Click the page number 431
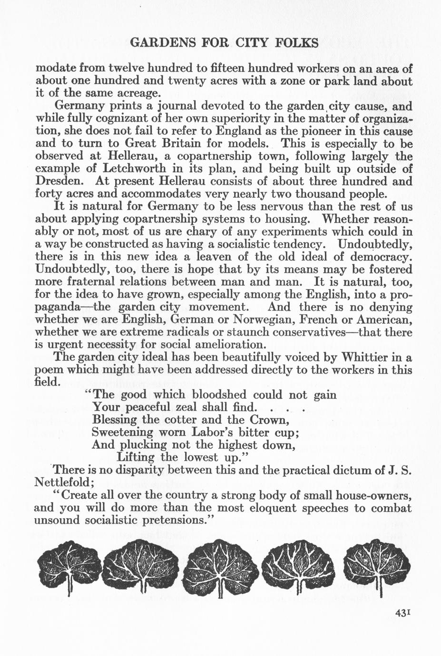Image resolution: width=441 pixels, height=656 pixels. coord(402,613)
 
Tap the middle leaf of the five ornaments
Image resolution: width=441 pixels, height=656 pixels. coord(220,566)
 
